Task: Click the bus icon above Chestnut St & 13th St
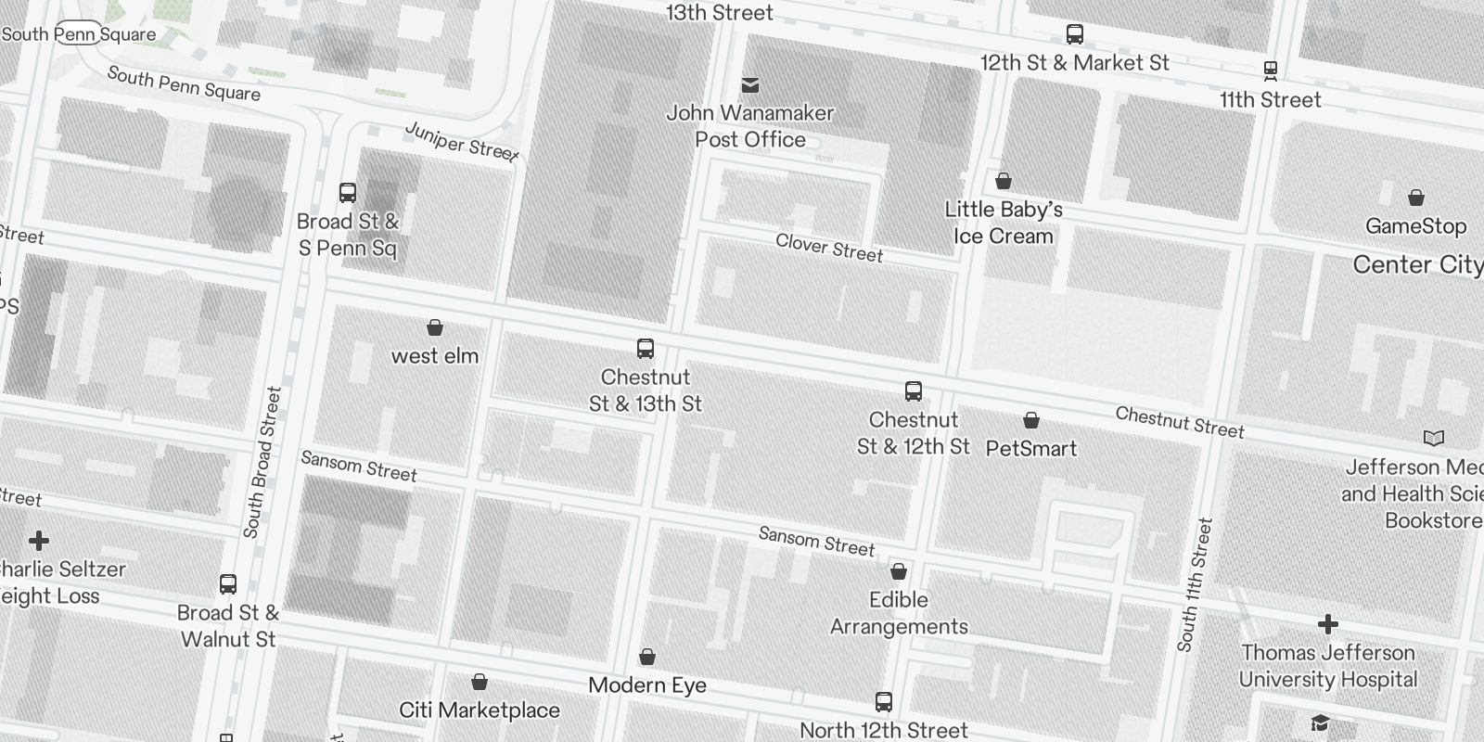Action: click(x=646, y=350)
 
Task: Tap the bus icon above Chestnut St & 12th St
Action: click(x=914, y=391)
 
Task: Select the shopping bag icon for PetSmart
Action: click(x=1030, y=421)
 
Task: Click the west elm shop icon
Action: click(x=434, y=327)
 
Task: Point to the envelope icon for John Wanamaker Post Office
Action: click(x=750, y=86)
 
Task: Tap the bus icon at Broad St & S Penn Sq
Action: click(x=348, y=193)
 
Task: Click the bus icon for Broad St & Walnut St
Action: click(x=228, y=584)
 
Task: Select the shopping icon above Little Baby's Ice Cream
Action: click(x=1004, y=181)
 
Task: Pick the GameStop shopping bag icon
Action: click(x=1415, y=198)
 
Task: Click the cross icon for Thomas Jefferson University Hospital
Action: click(x=1328, y=624)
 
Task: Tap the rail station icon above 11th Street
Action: click(x=1271, y=70)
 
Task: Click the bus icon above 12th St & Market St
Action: click(x=1075, y=34)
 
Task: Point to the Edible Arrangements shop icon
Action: click(x=899, y=571)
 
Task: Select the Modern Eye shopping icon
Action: click(x=647, y=658)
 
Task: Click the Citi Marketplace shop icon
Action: click(x=480, y=683)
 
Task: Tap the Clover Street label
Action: click(x=829, y=248)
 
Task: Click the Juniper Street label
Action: click(x=461, y=141)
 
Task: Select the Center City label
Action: click(x=1417, y=264)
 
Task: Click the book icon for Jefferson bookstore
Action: click(x=1434, y=438)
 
